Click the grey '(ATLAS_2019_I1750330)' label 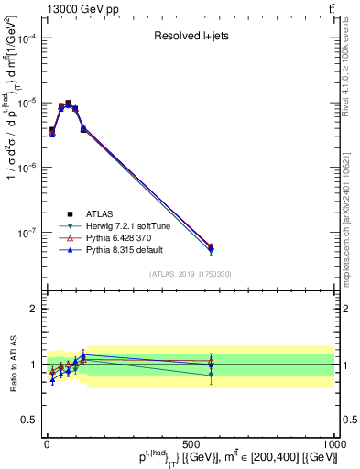click(x=191, y=274)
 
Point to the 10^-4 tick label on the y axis click(x=26, y=38)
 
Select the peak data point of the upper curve click(x=68, y=104)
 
